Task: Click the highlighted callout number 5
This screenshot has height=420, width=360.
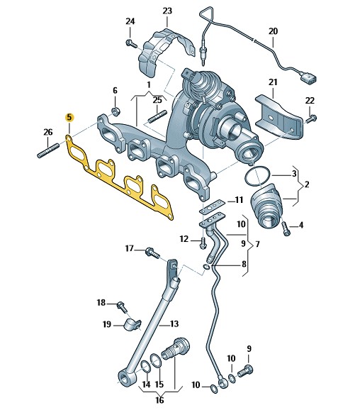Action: pos(69,117)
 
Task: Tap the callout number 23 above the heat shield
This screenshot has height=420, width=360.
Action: pos(167,11)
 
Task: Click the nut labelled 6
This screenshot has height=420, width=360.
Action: pos(116,111)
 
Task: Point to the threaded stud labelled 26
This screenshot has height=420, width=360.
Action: pos(48,150)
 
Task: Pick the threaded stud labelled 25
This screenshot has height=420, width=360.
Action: pos(157,116)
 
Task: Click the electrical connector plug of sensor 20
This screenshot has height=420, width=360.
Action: pos(308,78)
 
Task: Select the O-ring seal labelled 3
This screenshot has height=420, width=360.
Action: pos(257,176)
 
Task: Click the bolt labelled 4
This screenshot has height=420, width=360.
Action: pos(286,228)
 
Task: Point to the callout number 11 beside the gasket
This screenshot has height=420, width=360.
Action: pos(239,200)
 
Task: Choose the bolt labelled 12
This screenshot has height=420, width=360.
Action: pos(203,243)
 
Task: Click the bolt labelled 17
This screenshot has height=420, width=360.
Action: pos(152,253)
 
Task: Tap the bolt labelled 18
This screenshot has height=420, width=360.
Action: pos(122,307)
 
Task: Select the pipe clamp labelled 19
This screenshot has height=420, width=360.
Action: pos(133,325)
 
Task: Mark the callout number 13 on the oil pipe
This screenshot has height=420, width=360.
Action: pos(174,324)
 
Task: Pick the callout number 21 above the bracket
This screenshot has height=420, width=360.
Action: pos(273,82)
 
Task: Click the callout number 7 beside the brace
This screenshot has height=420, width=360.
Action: pos(257,244)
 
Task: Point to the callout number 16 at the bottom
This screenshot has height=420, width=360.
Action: pos(159,400)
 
